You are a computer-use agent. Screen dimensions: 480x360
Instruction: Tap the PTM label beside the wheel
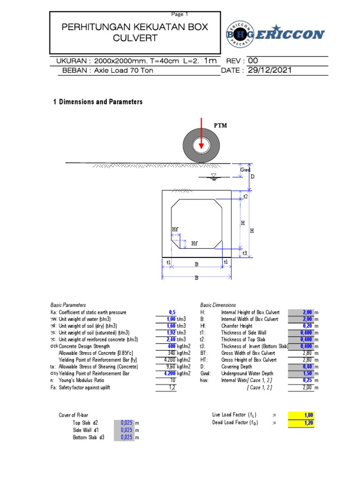(220, 126)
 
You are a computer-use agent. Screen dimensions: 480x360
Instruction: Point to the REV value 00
(253, 60)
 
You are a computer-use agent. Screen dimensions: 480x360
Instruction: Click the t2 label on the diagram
(245, 196)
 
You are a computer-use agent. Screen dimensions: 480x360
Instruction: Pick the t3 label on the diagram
(245, 253)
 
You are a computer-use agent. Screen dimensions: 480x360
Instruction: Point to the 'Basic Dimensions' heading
(218, 305)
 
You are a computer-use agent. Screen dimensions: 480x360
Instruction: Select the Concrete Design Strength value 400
(169, 346)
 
